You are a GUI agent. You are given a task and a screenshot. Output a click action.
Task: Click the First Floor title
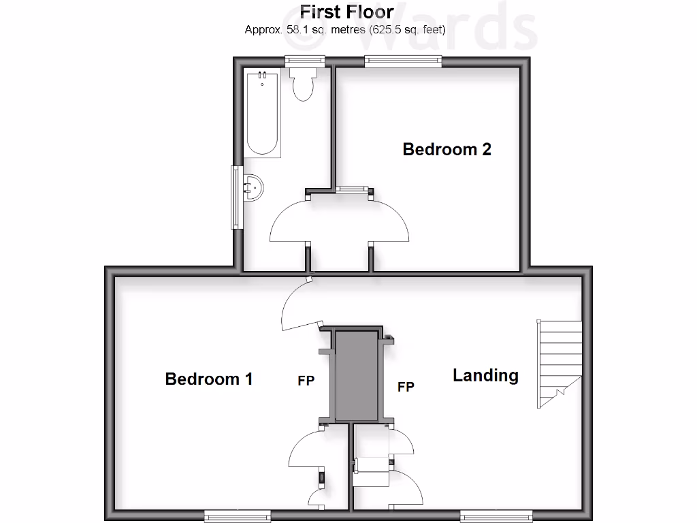[347, 12]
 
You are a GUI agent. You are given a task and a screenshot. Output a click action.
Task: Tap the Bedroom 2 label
[447, 149]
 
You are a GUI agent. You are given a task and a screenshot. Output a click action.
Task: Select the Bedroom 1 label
[209, 379]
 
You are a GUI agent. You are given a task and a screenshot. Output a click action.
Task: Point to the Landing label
[485, 375]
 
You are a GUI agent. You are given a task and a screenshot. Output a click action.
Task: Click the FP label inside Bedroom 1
[306, 381]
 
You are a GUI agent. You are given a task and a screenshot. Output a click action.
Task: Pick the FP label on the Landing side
[406, 387]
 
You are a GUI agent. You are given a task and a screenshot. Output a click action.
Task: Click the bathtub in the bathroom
[262, 114]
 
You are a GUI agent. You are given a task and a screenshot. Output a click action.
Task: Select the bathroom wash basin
[252, 187]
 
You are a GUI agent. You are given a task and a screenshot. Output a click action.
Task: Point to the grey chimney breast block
[356, 376]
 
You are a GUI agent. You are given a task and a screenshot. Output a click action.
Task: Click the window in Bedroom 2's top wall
[402, 61]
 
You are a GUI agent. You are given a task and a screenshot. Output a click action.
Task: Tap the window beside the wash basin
[236, 197]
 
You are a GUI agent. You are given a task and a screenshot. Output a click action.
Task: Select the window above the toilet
[304, 60]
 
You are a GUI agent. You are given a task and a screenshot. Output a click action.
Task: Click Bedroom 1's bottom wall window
[238, 516]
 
